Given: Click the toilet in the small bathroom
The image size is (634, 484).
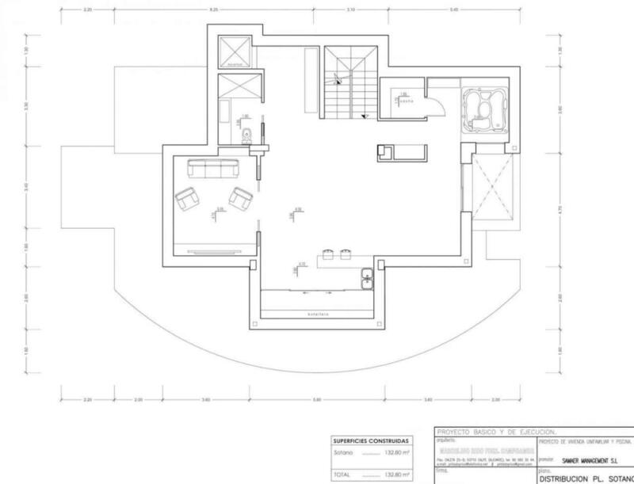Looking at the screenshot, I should coord(248,135).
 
